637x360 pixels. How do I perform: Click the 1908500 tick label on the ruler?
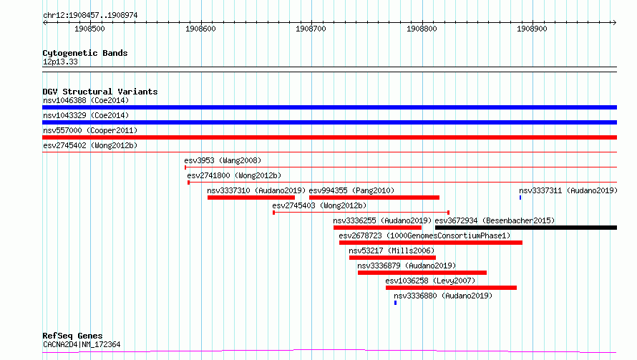[89, 29]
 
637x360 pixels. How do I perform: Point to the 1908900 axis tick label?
[532, 29]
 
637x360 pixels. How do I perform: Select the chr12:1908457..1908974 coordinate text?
[90, 16]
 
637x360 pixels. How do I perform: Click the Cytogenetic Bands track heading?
[85, 53]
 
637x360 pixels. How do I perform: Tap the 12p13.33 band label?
[60, 62]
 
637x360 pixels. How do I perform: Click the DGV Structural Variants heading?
[100, 92]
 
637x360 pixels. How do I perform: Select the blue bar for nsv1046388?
[329, 107]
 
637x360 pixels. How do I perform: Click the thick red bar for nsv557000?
[329, 137]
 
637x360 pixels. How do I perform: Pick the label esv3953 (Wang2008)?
[223, 160]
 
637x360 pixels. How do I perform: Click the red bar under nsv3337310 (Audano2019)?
[251, 198]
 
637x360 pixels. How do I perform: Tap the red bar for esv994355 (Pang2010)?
[374, 198]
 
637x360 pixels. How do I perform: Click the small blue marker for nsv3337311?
[520, 198]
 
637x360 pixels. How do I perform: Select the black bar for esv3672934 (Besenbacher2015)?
[526, 228]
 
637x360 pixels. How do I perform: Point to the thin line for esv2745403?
[361, 213]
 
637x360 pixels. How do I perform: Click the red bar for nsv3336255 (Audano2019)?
[377, 228]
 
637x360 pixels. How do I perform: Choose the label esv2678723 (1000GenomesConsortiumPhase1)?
[424, 235]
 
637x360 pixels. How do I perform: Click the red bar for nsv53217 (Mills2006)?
[392, 258]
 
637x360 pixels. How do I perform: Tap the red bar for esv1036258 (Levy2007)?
[452, 288]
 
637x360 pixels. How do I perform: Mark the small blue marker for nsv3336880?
[395, 303]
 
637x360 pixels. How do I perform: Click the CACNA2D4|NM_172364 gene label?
[82, 344]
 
